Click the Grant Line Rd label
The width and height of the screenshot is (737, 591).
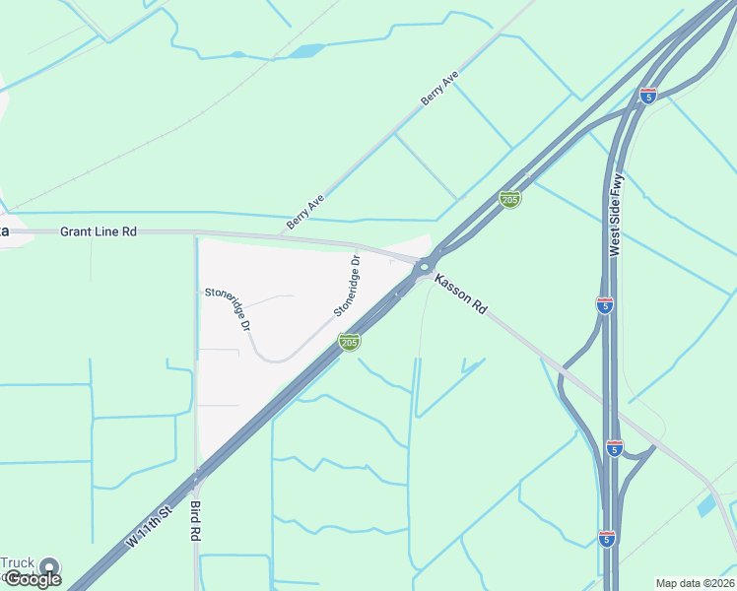(98, 231)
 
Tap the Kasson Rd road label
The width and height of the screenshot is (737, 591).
(461, 294)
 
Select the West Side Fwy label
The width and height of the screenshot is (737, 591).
(617, 216)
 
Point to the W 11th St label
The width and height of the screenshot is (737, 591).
(149, 528)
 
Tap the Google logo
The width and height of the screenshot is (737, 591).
(33, 579)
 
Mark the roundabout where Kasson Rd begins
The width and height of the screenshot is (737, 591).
(425, 265)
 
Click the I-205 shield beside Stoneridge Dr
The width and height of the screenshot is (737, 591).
(349, 341)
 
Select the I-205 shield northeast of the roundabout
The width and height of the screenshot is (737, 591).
(509, 199)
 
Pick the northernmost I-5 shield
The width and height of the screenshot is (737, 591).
(647, 95)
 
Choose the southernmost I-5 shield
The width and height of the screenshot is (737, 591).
(606, 538)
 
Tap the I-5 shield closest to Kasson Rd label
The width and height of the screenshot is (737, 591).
(605, 304)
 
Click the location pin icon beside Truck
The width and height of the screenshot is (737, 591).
(49, 567)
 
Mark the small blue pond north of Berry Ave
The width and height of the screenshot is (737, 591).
(307, 50)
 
